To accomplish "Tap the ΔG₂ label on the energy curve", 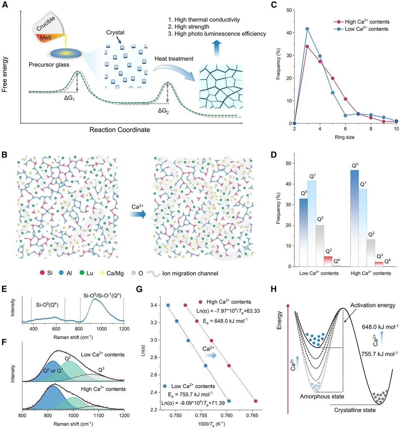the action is [x=164, y=111].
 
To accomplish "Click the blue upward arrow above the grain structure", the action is [x=217, y=48].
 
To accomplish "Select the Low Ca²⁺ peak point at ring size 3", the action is [x=307, y=29].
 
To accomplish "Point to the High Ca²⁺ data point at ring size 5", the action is [x=333, y=78].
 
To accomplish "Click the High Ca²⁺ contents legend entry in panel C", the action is [x=362, y=21].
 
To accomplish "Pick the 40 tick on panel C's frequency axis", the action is [x=289, y=33].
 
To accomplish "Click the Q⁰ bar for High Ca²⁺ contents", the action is [x=355, y=218].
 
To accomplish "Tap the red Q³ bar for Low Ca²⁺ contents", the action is [x=328, y=262].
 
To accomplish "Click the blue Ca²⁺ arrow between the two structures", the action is [x=137, y=214].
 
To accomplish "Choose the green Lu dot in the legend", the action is [x=82, y=273].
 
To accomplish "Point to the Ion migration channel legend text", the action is [x=190, y=273].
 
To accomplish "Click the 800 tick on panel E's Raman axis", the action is [x=79, y=329].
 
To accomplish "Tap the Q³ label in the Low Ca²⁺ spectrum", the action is [x=101, y=370].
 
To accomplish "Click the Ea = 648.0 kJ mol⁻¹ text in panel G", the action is [x=225, y=321].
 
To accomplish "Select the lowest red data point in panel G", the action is [x=256, y=401].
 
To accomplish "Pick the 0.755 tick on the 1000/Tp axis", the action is [x=201, y=416].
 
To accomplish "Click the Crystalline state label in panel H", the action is [x=355, y=410].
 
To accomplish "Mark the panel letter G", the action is [x=139, y=289].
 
